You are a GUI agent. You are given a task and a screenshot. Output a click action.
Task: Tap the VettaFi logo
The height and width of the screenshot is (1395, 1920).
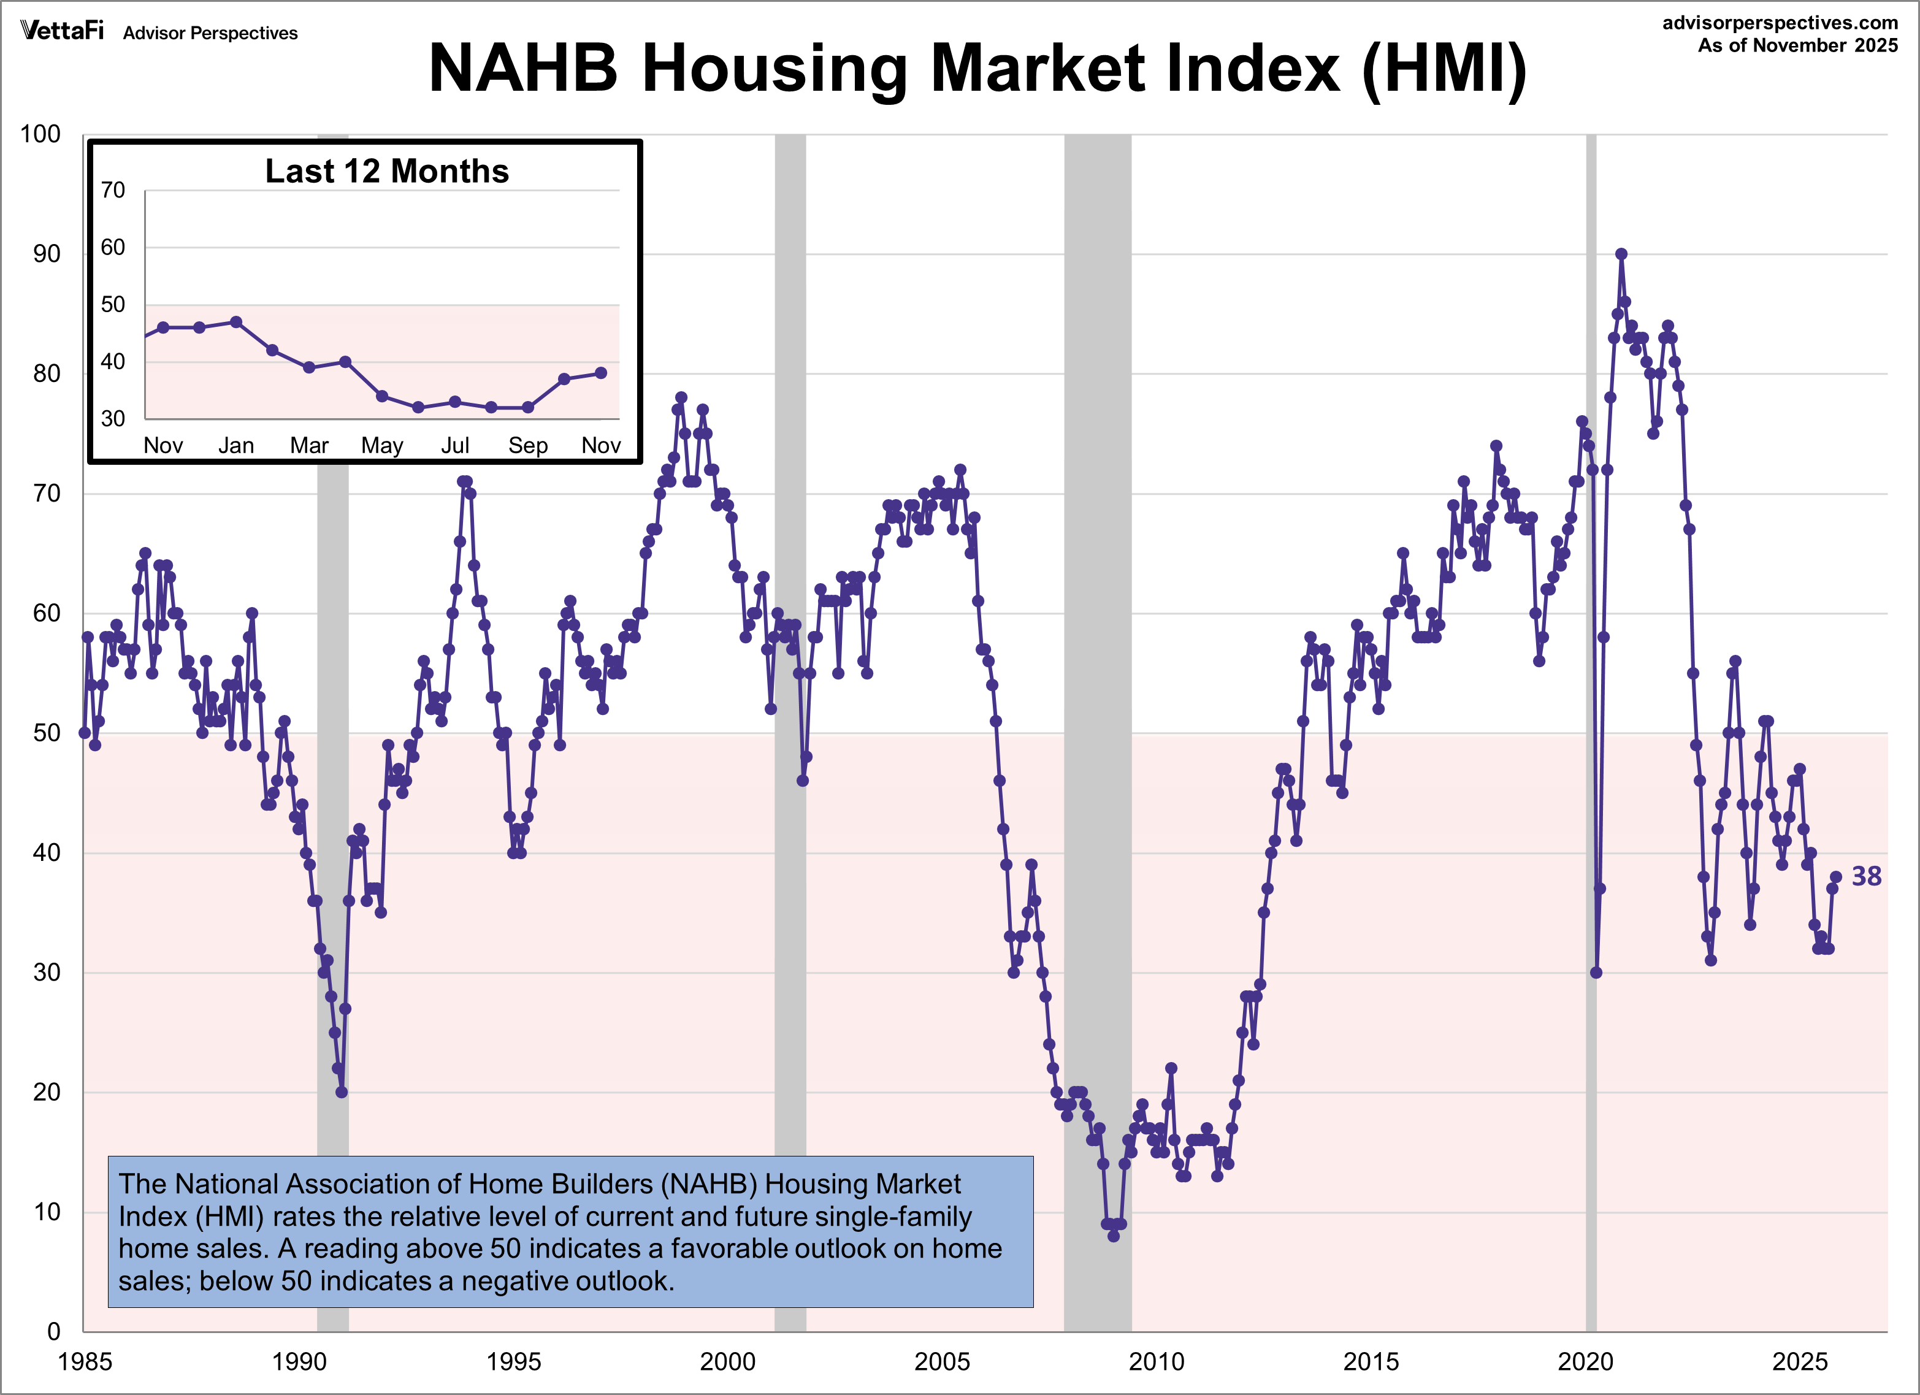pyautogui.click(x=62, y=31)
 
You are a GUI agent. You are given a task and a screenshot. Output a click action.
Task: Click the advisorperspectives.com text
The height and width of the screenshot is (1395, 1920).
pyautogui.click(x=1780, y=23)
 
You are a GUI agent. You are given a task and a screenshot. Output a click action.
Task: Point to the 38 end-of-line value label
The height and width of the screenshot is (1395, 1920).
pyautogui.click(x=1866, y=876)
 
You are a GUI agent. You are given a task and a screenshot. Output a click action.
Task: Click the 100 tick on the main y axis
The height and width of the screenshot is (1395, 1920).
pyautogui.click(x=40, y=134)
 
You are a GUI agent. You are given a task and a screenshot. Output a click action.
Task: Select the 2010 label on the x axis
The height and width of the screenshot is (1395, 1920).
pyautogui.click(x=1157, y=1362)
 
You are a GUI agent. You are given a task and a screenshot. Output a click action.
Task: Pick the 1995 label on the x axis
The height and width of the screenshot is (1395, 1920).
pyautogui.click(x=513, y=1362)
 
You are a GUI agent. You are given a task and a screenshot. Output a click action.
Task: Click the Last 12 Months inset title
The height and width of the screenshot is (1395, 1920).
pyautogui.click(x=387, y=171)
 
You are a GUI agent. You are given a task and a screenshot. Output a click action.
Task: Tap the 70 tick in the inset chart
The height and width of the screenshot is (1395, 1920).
pyautogui.click(x=113, y=189)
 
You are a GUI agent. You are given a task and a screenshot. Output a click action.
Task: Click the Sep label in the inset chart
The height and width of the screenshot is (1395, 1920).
pyautogui.click(x=527, y=445)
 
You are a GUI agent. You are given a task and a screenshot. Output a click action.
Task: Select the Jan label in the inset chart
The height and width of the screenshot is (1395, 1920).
pyautogui.click(x=235, y=445)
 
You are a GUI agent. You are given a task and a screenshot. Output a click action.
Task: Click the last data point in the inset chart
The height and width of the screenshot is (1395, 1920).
pyautogui.click(x=600, y=372)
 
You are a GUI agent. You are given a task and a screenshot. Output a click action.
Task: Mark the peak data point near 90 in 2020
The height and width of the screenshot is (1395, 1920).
pyautogui.click(x=1620, y=254)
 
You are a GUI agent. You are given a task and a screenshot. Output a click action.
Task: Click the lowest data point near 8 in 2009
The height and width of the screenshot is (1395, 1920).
pyautogui.click(x=1113, y=1236)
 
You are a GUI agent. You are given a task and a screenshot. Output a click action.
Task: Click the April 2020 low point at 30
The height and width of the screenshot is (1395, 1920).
pyautogui.click(x=1596, y=973)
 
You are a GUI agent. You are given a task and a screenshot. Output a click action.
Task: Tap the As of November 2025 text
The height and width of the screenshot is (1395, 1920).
pyautogui.click(x=1797, y=46)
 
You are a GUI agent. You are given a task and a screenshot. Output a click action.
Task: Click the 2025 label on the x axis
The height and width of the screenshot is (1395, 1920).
pyautogui.click(x=1800, y=1362)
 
